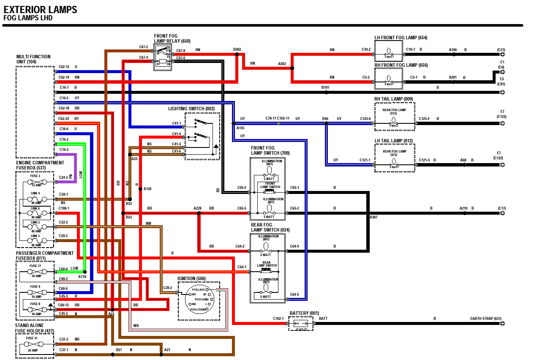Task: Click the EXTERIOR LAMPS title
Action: click(41, 10)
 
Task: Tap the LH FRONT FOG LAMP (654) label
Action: click(401, 38)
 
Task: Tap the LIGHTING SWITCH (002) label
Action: click(191, 109)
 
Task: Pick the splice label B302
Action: click(237, 49)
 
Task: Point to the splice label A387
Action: click(373, 217)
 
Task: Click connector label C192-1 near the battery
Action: click(278, 319)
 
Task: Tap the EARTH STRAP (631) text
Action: click(485, 319)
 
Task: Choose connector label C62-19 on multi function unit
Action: click(64, 77)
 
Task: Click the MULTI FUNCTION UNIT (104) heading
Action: click(33, 59)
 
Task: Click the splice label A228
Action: click(197, 208)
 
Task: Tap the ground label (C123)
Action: click(502, 116)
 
